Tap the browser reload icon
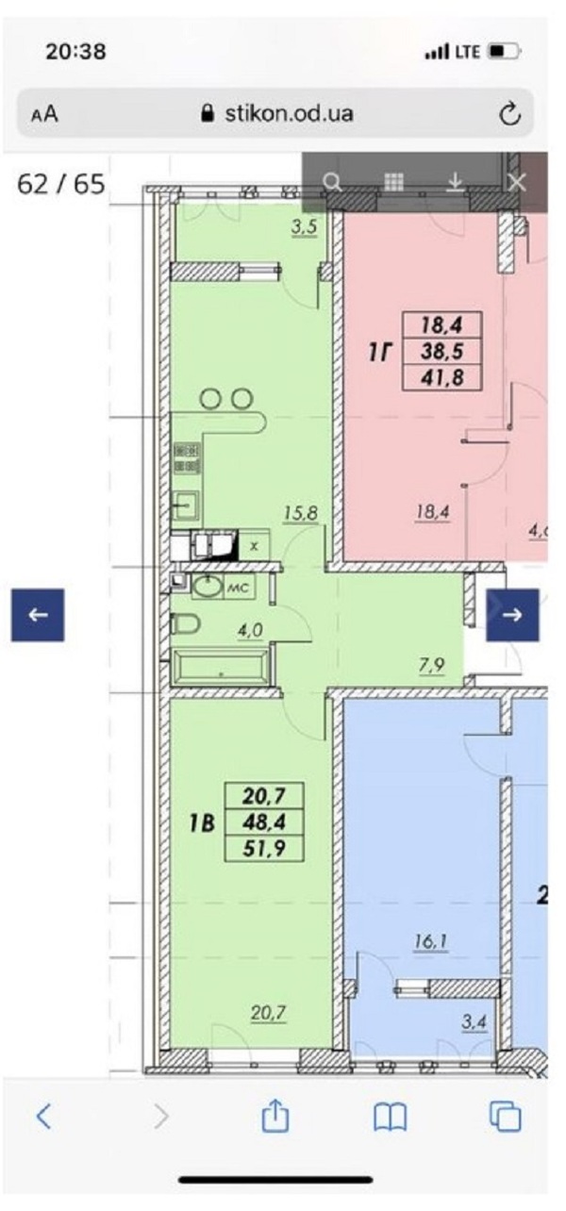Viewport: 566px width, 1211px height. [x=509, y=113]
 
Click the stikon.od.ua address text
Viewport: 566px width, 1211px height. [x=289, y=113]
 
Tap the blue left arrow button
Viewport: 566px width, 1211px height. [x=38, y=615]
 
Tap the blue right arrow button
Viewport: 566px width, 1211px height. [x=512, y=615]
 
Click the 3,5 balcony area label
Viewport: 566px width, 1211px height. [x=304, y=227]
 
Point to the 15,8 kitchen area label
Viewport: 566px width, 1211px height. [x=301, y=512]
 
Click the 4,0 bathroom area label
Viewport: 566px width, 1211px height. [x=250, y=630]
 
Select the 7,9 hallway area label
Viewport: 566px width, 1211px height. [x=431, y=665]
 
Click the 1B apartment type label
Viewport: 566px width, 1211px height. [x=202, y=822]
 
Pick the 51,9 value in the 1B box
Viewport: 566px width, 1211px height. [x=264, y=848]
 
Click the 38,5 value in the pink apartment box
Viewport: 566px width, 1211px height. [x=442, y=352]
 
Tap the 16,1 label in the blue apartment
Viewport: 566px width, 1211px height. [x=431, y=941]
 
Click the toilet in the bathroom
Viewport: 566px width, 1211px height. [x=185, y=623]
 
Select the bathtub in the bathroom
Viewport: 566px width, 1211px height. [x=221, y=668]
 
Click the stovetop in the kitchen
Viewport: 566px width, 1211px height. [x=187, y=457]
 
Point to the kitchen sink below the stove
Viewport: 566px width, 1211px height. [x=186, y=506]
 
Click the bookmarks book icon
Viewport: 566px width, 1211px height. [x=391, y=1117]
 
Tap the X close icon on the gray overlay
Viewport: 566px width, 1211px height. [x=517, y=183]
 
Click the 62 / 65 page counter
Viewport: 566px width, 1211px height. [x=61, y=184]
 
